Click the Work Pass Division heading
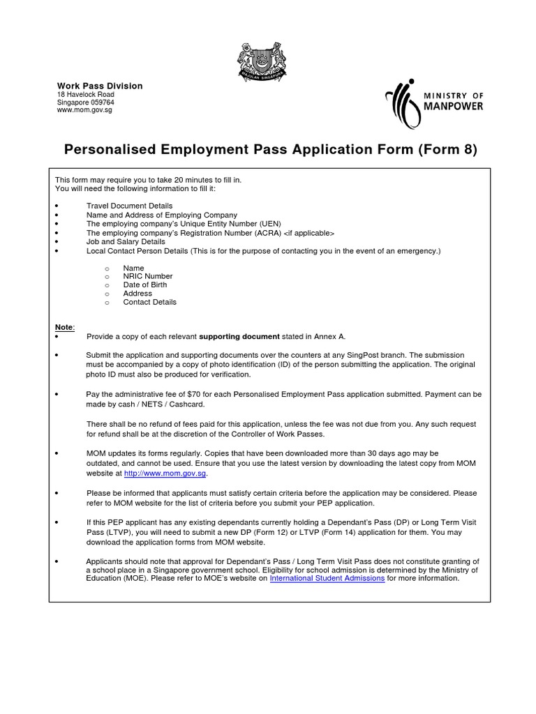tap(99, 86)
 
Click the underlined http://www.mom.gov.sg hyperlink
tap(165, 473)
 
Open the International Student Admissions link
tap(327, 578)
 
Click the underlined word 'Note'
tap(64, 327)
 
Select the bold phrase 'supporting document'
tap(239, 335)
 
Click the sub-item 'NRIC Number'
tap(147, 276)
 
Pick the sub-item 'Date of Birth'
tap(144, 284)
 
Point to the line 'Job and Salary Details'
tap(126, 241)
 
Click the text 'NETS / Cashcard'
tap(166, 404)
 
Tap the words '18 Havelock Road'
tap(85, 94)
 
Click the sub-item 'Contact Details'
tap(149, 302)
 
